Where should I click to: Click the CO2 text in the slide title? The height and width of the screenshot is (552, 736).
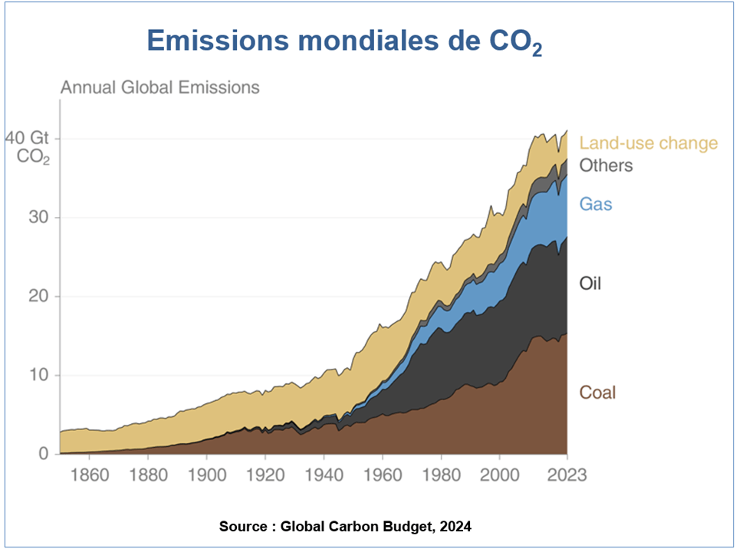[514, 42]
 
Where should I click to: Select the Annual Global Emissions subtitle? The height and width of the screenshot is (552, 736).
[160, 87]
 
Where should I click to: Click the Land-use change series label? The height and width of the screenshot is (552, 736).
[649, 143]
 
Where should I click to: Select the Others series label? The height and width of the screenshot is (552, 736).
[606, 165]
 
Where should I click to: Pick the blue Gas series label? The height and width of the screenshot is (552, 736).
[596, 205]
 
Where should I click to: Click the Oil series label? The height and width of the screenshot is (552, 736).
[590, 284]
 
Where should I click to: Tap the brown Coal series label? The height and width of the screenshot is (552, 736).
[597, 393]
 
